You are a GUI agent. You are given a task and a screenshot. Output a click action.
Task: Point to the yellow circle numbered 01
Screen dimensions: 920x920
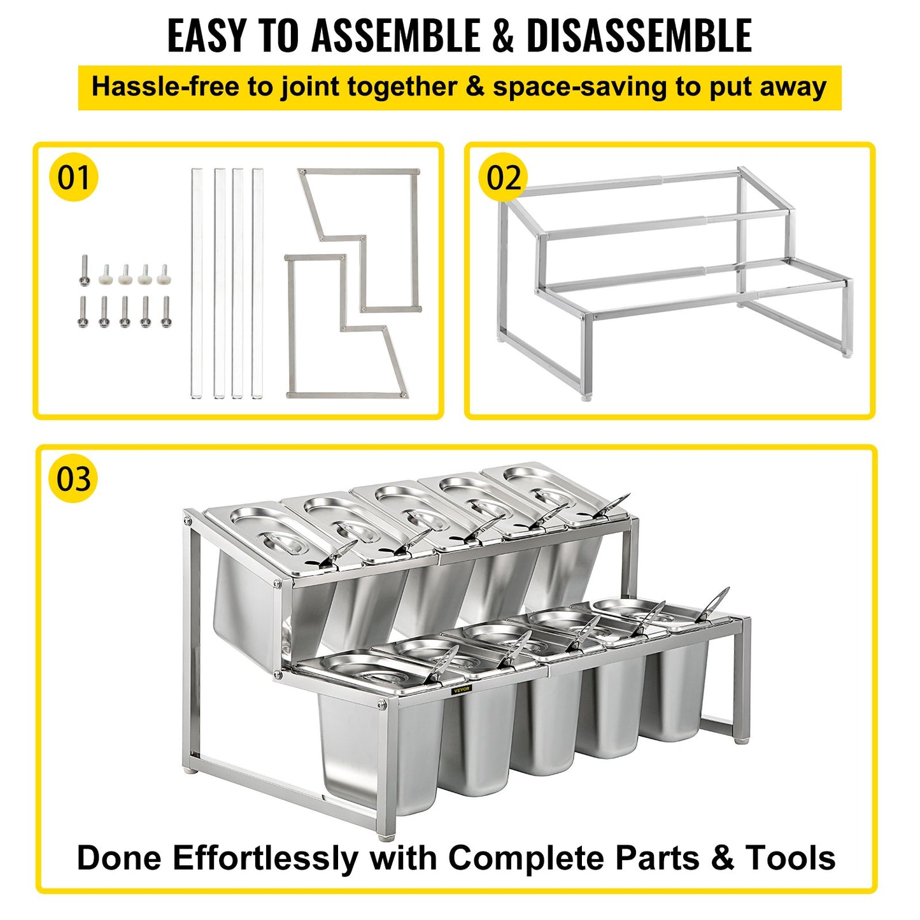pos(73,177)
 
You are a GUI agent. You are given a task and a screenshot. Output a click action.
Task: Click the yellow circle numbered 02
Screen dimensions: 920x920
pos(503,177)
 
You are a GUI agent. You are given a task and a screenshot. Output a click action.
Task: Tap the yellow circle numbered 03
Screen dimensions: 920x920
pos(73,478)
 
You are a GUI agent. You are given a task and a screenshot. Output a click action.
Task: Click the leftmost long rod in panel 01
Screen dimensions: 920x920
pos(197,283)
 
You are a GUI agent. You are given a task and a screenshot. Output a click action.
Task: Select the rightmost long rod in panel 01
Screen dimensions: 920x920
pos(257,283)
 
